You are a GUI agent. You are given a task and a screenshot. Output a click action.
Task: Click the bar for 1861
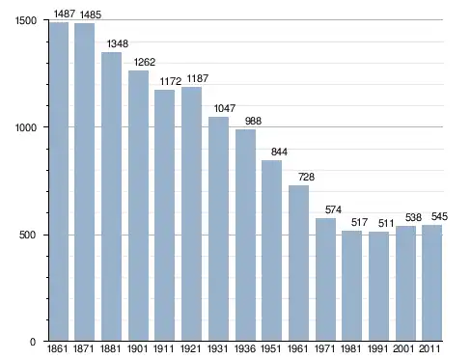pyautogui.click(x=59, y=181)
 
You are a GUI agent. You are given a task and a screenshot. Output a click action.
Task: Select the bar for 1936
pyautogui.click(x=245, y=235)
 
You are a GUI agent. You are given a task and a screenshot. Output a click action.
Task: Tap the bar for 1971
pyautogui.click(x=325, y=279)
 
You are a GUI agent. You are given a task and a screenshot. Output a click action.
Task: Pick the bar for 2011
pyautogui.click(x=432, y=283)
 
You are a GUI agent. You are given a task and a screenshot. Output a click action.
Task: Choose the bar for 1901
pyautogui.click(x=138, y=206)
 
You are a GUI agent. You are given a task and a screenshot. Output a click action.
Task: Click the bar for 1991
pyautogui.click(x=378, y=286)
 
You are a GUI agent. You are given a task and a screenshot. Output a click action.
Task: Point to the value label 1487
pyautogui.click(x=65, y=14)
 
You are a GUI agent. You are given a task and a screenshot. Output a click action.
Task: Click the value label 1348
pyautogui.click(x=118, y=43)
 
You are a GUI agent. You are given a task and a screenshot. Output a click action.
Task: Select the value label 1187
pyautogui.click(x=198, y=78)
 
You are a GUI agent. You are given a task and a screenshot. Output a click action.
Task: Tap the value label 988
pyautogui.click(x=253, y=121)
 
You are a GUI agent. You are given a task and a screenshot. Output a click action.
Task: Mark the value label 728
pyautogui.click(x=306, y=177)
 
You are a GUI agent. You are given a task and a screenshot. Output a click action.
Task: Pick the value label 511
pyautogui.click(x=386, y=223)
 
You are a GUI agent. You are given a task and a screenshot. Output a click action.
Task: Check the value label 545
pyautogui.click(x=439, y=216)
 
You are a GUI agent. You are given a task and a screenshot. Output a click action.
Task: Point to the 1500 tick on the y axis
pyautogui.click(x=26, y=20)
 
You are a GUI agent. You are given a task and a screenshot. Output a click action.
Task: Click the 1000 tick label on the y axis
pyautogui.click(x=26, y=127)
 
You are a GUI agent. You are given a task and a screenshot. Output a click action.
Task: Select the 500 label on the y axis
pyautogui.click(x=27, y=235)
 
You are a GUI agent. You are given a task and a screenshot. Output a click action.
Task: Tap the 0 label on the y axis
pyautogui.click(x=33, y=342)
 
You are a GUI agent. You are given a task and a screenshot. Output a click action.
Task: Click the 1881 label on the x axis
pyautogui.click(x=110, y=348)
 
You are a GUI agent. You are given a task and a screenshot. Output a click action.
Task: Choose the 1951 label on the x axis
pyautogui.click(x=271, y=348)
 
